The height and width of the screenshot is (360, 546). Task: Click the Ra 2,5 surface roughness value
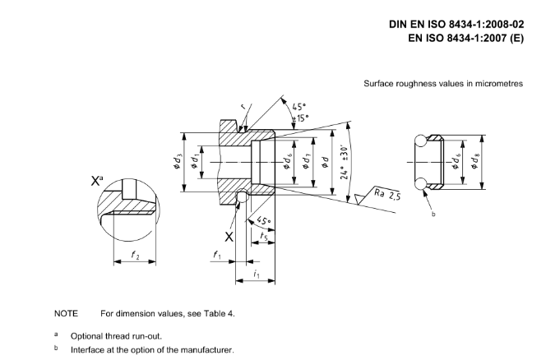[387, 194]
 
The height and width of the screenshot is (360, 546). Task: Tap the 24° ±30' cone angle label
[345, 162]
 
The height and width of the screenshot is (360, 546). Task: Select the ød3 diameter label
[178, 162]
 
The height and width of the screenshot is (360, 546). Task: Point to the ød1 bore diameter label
[195, 162]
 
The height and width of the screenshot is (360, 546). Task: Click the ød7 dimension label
[306, 162]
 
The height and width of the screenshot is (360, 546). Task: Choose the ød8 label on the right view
[474, 162]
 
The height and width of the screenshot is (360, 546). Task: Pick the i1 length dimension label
[257, 274]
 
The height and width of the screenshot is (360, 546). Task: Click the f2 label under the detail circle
[135, 255]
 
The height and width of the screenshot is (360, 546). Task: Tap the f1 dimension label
[217, 255]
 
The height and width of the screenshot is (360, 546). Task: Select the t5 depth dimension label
[264, 237]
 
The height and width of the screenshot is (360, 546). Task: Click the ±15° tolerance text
[300, 118]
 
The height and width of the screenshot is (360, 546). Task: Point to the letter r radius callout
[243, 107]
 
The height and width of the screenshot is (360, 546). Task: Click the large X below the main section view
[229, 237]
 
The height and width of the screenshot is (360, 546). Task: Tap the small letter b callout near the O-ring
[433, 215]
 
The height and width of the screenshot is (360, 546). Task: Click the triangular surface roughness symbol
[359, 198]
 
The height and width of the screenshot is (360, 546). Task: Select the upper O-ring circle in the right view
[420, 141]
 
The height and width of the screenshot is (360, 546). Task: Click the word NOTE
[66, 314]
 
